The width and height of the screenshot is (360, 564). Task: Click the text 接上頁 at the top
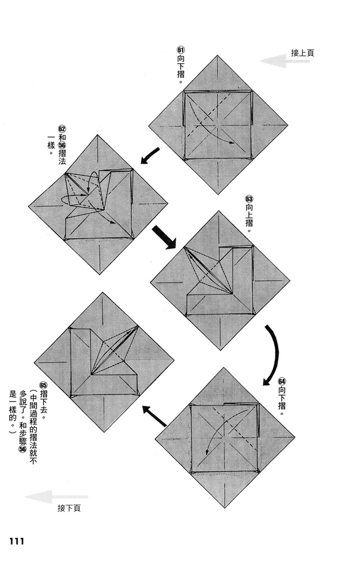302,52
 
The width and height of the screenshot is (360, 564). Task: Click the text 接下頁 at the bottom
69,508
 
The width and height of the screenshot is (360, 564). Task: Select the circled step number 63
248,199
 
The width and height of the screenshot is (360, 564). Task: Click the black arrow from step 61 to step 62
150,156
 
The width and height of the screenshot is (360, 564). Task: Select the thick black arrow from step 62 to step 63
164,236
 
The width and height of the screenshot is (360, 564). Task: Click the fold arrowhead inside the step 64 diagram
208,450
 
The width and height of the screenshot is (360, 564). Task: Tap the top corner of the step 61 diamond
218,56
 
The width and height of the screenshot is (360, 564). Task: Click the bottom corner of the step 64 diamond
225,506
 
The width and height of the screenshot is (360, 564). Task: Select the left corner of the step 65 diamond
34,362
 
